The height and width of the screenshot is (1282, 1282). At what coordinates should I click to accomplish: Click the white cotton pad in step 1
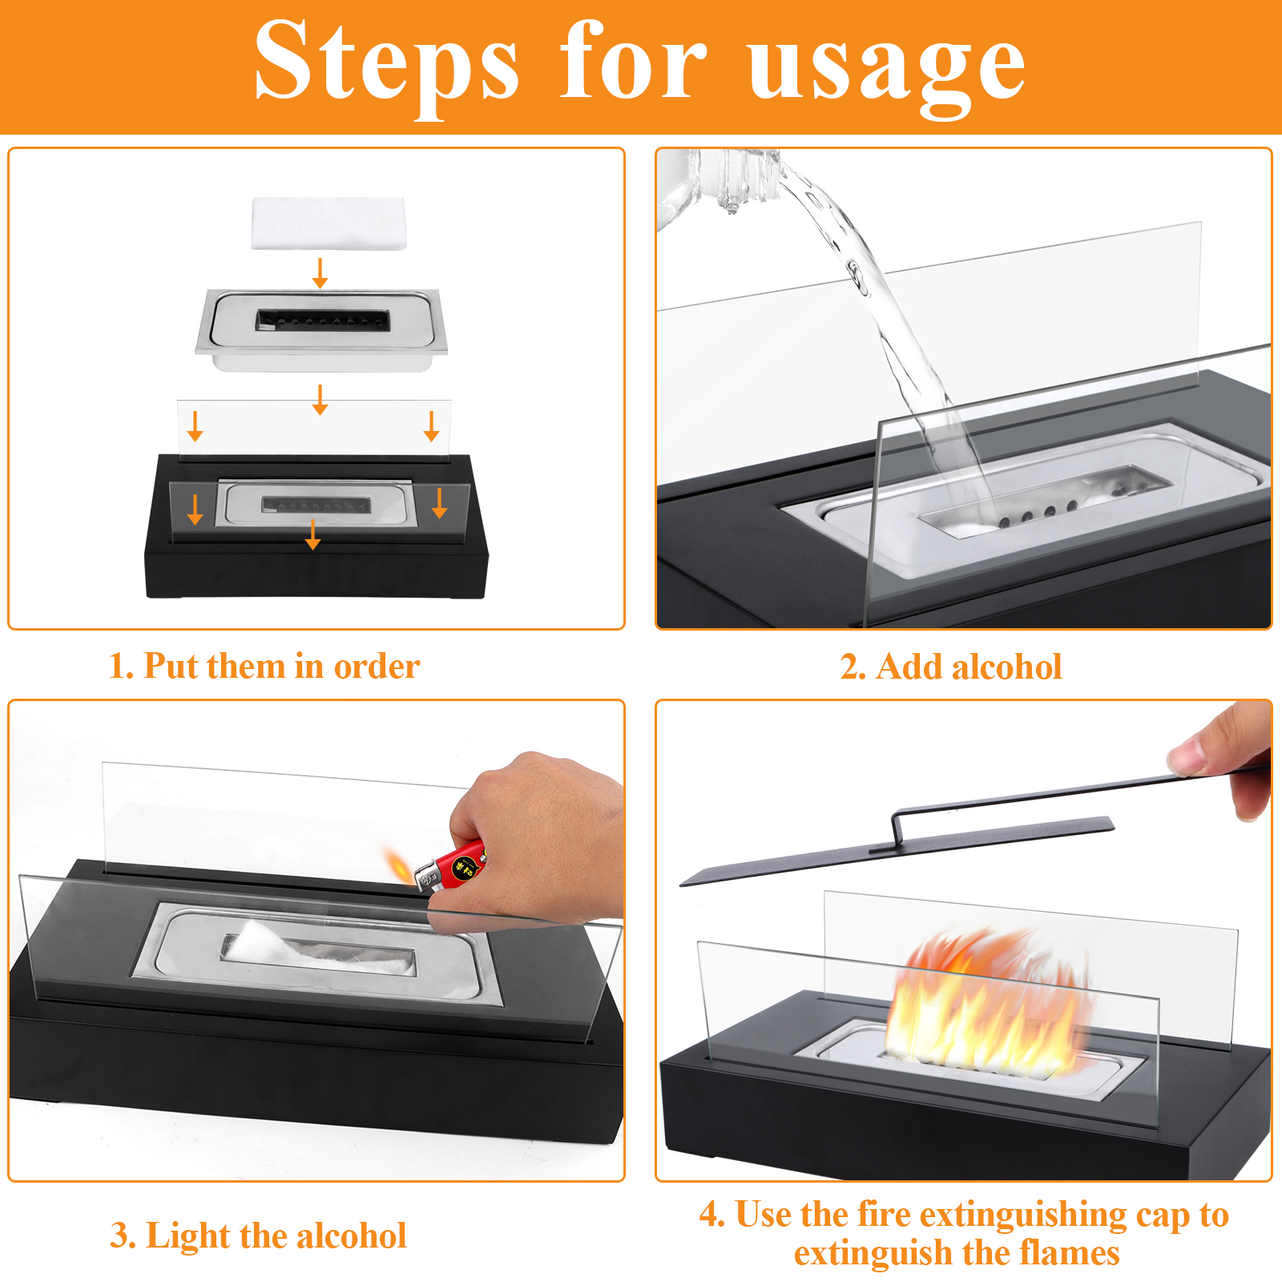[329, 224]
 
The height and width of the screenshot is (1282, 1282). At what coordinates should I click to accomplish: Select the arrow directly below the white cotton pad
[320, 272]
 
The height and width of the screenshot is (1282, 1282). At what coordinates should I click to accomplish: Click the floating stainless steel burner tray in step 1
[320, 329]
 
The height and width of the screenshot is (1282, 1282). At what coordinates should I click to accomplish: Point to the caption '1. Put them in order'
[264, 666]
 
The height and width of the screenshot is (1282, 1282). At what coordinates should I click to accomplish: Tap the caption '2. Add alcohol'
[951, 667]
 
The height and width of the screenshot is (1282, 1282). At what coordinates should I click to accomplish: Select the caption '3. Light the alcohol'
[258, 1236]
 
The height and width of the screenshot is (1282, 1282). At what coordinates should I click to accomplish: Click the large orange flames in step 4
[990, 1002]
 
